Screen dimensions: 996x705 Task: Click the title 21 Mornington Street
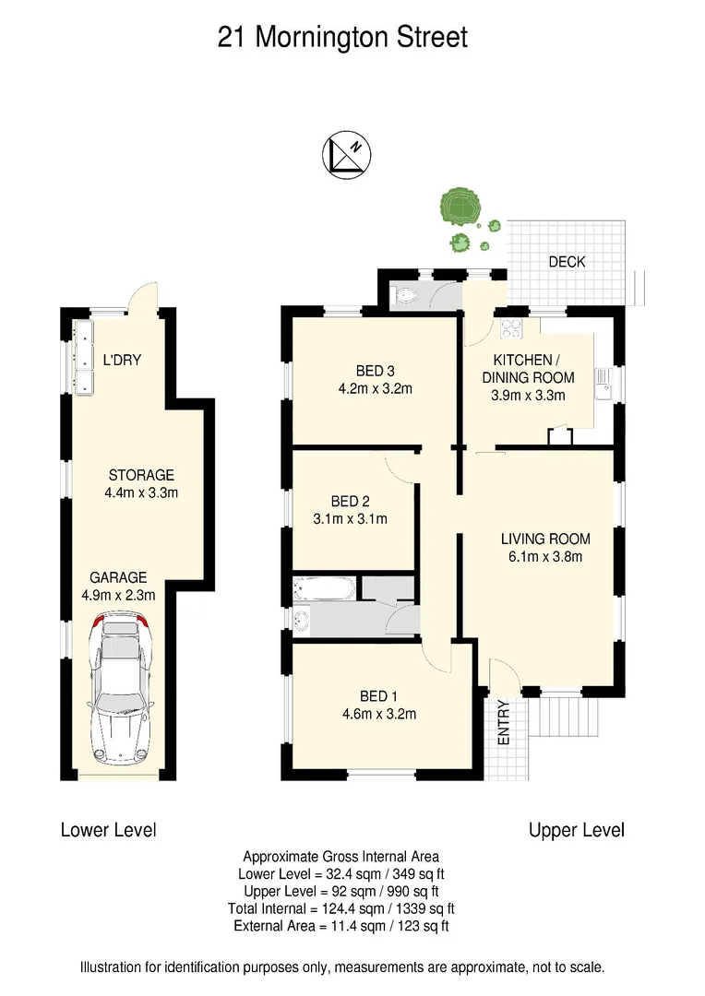342,38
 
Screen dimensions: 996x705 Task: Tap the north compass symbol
347,153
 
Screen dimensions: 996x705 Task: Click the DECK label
567,262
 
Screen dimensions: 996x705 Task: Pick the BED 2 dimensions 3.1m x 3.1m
350,519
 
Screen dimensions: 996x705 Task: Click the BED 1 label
379,696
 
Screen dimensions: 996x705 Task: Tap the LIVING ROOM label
545,539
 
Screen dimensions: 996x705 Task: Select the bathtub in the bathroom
322,587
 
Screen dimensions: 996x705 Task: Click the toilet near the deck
402,295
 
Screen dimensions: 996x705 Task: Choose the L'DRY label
122,360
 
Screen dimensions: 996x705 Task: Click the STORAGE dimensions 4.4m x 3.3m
141,492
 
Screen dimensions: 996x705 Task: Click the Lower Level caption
108,830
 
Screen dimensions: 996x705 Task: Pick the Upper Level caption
577,830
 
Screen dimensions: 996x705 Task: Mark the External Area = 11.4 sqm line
341,926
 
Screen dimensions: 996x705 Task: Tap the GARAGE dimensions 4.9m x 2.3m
118,595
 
